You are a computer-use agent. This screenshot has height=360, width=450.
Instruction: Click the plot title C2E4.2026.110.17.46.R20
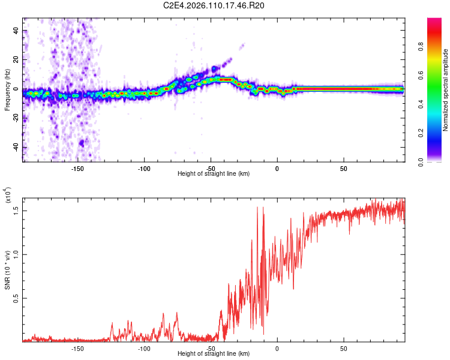tap(214, 5)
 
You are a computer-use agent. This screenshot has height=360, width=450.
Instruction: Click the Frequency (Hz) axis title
tap(7, 89)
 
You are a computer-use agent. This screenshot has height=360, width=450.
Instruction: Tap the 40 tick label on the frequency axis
tap(16, 31)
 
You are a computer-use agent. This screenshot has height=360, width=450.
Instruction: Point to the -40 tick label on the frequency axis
tap(15, 148)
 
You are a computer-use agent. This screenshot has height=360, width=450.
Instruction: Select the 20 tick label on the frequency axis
tap(16, 60)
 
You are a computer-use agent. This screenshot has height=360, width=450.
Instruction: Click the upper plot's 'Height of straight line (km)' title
tap(214, 174)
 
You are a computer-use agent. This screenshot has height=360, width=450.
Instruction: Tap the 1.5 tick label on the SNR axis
tap(16, 210)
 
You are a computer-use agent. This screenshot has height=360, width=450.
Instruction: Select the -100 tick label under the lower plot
tap(143, 348)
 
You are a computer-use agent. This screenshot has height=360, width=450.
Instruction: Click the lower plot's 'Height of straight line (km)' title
tap(214, 354)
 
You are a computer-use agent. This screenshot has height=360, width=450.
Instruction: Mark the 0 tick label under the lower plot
tap(277, 348)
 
